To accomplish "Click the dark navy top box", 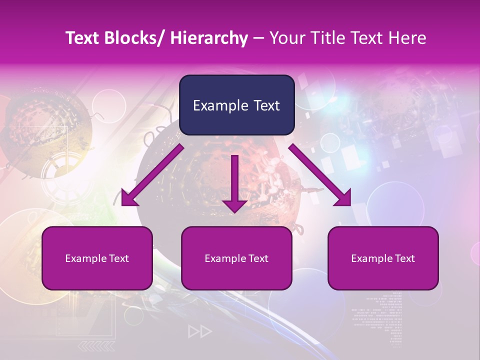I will click(x=236, y=105).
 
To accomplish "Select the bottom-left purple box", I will click(x=97, y=258).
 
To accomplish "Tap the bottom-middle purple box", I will click(x=236, y=258).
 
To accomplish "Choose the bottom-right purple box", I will click(x=383, y=258).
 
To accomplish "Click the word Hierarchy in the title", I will click(x=208, y=38).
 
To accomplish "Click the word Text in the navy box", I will click(x=266, y=105).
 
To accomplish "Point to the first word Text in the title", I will click(x=83, y=38).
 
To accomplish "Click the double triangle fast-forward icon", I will click(x=200, y=331).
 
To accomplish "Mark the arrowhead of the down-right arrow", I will click(x=343, y=198).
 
